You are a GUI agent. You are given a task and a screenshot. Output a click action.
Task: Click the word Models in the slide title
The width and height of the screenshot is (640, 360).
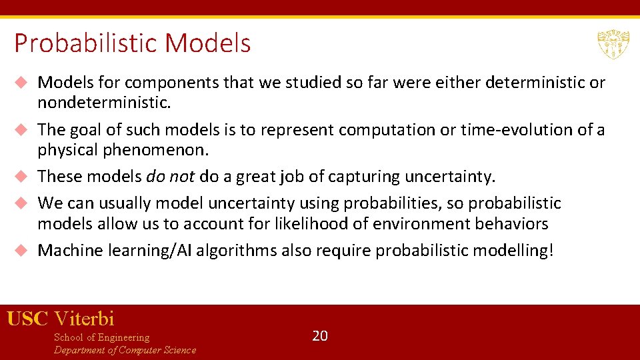[x=208, y=44]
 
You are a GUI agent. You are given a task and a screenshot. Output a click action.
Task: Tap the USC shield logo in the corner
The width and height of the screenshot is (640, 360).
[x=613, y=45]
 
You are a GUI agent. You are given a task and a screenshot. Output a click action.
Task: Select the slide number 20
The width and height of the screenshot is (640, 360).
[x=320, y=335]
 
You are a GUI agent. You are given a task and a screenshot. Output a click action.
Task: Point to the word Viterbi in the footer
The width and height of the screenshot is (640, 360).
[x=84, y=318]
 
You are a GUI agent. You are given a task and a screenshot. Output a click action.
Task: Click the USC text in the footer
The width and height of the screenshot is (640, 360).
[x=27, y=318]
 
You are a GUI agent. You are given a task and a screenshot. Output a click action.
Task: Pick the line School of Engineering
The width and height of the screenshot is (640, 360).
[x=101, y=337]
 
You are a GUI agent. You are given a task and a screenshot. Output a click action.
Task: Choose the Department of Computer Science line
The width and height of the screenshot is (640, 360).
[x=125, y=350]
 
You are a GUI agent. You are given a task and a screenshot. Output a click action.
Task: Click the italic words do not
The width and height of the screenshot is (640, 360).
[x=169, y=177]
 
